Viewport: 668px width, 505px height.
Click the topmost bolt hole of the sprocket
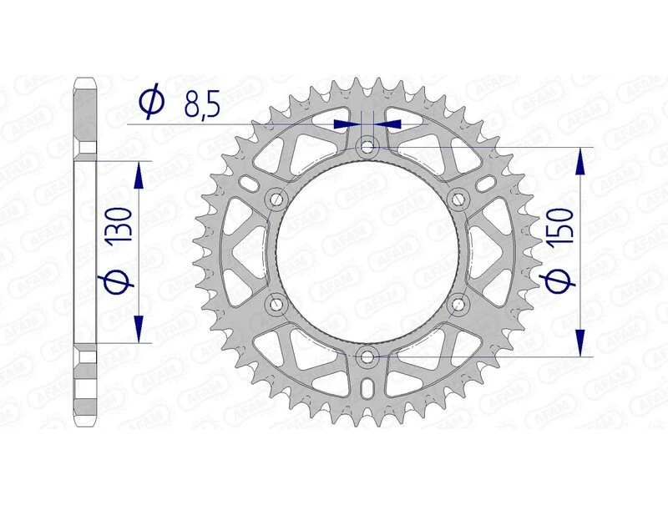(367, 148)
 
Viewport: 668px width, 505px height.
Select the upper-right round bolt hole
(458, 199)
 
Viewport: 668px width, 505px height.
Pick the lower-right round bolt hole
(458, 305)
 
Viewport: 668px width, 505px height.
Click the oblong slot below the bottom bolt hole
(367, 389)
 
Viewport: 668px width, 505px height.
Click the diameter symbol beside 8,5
(153, 104)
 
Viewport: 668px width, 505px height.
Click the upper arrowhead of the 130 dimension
(139, 171)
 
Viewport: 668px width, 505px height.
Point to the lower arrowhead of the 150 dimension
(579, 342)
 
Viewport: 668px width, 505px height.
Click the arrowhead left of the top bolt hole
(344, 124)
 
